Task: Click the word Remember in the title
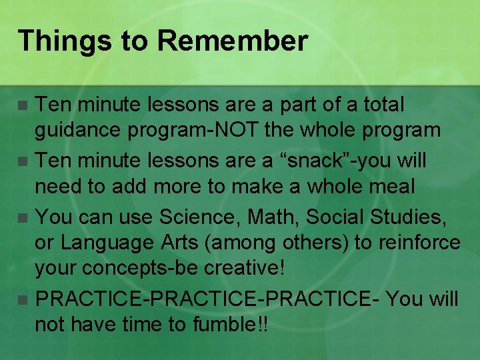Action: click(x=233, y=41)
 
